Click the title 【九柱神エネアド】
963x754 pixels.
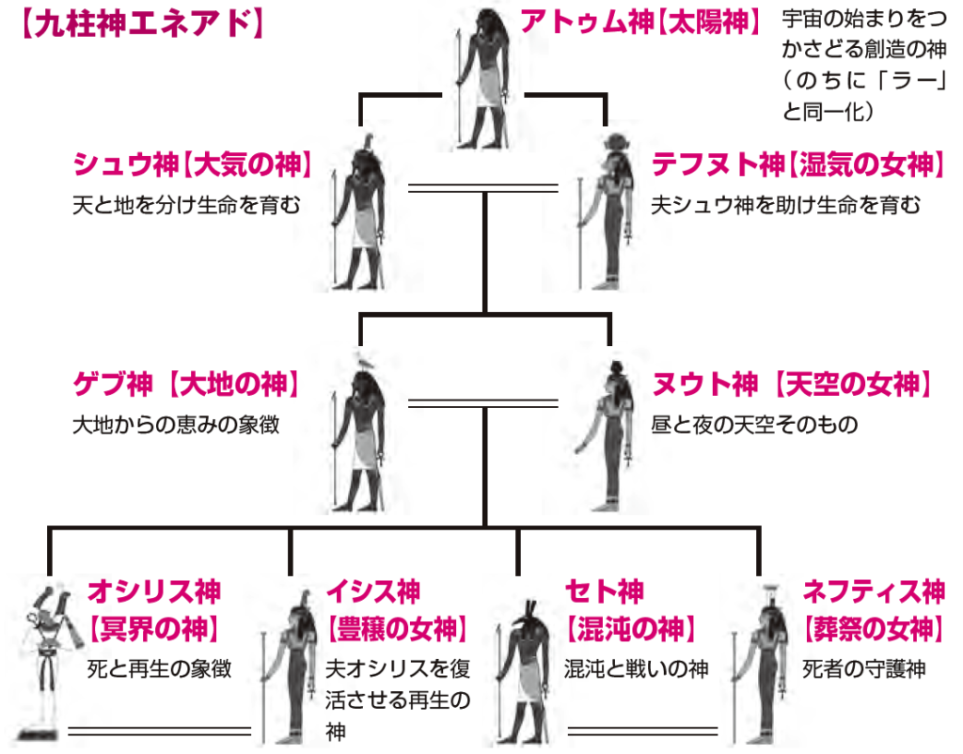pyautogui.click(x=140, y=24)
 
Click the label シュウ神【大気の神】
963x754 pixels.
pyautogui.click(x=192, y=166)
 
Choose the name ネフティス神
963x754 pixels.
pyautogui.click(x=874, y=591)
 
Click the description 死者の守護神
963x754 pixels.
pyautogui.click(x=864, y=669)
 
